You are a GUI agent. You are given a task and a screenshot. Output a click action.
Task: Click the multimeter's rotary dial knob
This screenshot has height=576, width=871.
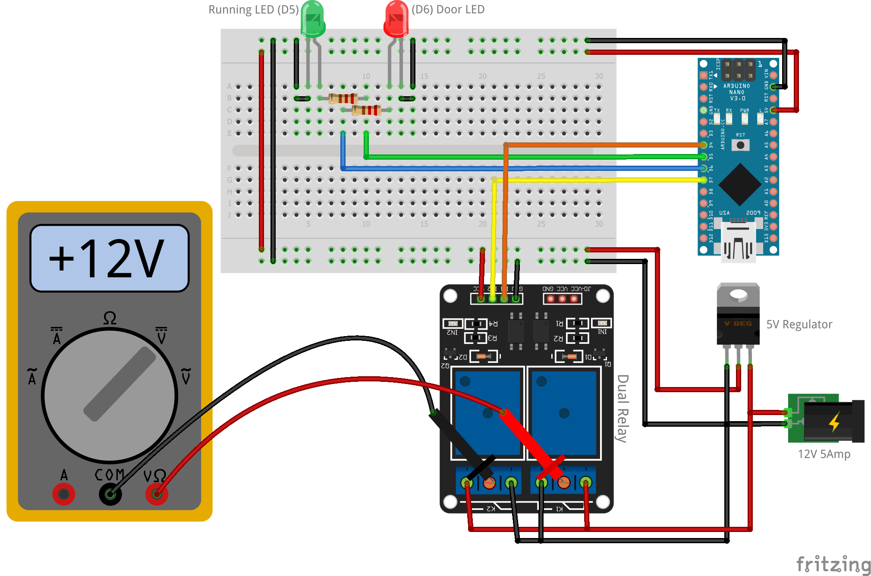click(110, 395)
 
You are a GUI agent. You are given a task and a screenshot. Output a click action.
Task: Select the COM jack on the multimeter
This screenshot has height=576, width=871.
click(110, 494)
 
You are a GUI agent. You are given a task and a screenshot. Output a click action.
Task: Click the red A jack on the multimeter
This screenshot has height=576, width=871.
click(63, 494)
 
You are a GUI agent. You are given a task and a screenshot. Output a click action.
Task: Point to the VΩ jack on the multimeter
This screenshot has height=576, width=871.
click(156, 494)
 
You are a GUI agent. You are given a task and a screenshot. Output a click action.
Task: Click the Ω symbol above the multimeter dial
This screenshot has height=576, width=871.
click(110, 318)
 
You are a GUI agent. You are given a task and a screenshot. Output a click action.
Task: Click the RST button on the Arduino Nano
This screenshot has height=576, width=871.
click(740, 145)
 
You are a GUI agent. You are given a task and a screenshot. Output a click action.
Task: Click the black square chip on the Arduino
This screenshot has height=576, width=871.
click(739, 185)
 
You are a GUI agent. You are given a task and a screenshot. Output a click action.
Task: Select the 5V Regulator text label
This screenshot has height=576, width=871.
click(799, 324)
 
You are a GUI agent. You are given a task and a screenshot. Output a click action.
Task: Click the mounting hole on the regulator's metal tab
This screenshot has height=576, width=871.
click(738, 295)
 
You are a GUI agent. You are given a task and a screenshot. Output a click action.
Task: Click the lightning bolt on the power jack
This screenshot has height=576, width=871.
click(834, 422)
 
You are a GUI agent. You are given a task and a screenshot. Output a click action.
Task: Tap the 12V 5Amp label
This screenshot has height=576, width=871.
click(824, 454)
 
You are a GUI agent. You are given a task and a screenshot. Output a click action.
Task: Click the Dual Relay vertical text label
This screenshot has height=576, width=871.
click(622, 408)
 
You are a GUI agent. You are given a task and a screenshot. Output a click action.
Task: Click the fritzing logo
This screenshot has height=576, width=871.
click(833, 564)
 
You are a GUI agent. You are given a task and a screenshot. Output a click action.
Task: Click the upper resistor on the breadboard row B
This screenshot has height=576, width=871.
click(343, 98)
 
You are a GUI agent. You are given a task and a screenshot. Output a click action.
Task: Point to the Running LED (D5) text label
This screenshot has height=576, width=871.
click(253, 9)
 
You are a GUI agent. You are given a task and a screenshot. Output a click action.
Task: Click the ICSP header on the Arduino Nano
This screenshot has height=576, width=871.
click(739, 70)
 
